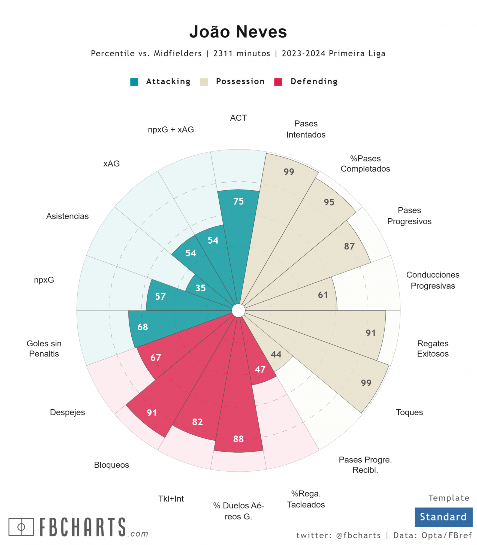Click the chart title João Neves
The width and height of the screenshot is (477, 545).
(x=238, y=32)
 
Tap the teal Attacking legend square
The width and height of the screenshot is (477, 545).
(x=134, y=82)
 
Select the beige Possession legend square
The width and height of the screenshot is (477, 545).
(x=204, y=82)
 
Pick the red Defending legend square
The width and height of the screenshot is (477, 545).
(x=278, y=82)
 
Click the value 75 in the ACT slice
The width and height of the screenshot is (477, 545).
(x=238, y=201)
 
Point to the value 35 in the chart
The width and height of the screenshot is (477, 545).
(x=201, y=288)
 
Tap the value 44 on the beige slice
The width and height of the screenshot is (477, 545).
(x=276, y=354)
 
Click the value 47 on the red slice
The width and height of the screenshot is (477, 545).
(x=260, y=370)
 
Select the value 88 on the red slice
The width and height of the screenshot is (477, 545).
(x=238, y=439)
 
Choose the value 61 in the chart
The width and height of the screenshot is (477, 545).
(x=323, y=295)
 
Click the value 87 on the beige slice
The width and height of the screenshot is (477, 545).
(x=349, y=246)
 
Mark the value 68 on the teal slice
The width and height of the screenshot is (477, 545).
(x=143, y=327)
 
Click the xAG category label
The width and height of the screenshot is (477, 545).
(x=111, y=163)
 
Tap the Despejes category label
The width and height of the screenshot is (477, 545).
(x=67, y=412)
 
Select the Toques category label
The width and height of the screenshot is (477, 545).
(x=409, y=412)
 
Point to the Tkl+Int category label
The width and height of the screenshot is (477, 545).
(x=171, y=499)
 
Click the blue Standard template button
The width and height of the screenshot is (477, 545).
(x=443, y=517)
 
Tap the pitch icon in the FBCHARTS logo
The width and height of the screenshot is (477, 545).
(x=21, y=527)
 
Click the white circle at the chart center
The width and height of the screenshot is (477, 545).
(x=238, y=311)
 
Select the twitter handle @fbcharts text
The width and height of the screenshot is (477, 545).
(x=358, y=535)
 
